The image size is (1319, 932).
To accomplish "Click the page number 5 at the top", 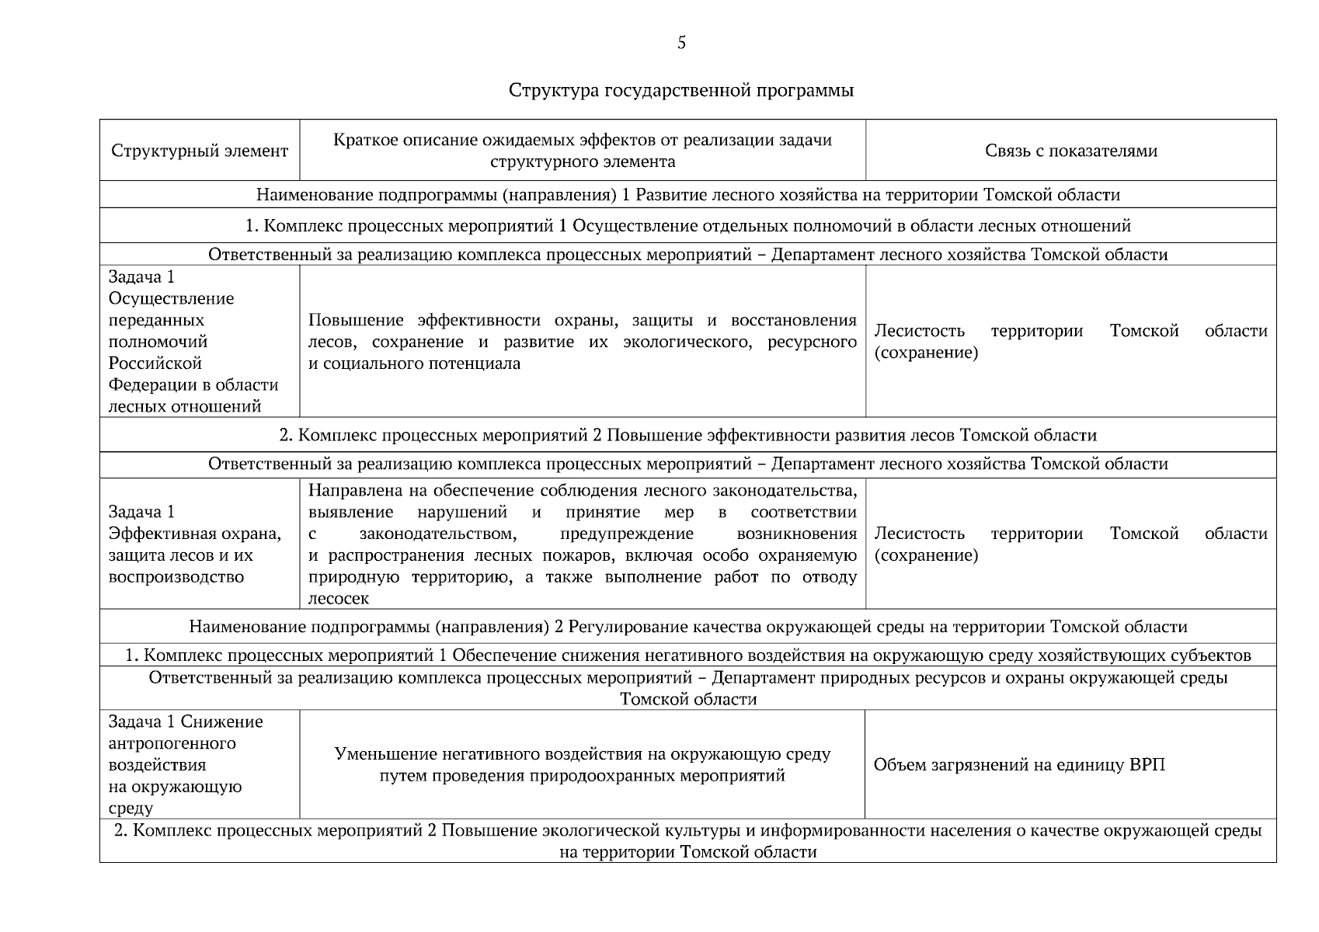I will click(681, 43).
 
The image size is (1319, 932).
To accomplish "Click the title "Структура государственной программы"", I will click(681, 90).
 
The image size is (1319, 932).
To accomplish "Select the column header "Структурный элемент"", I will click(200, 151).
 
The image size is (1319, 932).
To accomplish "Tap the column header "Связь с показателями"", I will click(1070, 151).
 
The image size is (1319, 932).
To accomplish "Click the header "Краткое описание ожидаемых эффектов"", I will click(583, 151).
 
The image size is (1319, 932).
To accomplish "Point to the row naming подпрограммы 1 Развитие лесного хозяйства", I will click(687, 195).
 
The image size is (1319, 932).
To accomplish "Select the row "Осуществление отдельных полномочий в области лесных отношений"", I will click(687, 226).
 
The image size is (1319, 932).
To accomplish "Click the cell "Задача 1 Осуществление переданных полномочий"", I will click(194, 342).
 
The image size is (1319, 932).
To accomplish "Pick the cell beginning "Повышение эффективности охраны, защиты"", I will click(583, 342).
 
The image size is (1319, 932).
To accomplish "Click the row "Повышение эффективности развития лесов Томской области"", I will click(687, 435).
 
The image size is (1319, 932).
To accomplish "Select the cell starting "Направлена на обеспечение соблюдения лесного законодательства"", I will click(583, 544).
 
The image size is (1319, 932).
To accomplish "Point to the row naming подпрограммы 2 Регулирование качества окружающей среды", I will click(687, 627).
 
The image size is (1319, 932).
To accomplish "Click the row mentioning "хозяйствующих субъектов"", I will click(687, 656).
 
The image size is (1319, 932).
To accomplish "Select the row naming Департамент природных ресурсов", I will click(687, 688).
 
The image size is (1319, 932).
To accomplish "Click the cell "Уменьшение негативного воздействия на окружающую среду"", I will click(583, 765).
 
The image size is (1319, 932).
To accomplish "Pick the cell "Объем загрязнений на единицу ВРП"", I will click(1019, 765).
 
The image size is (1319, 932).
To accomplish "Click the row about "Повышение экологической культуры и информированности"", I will click(687, 841).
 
